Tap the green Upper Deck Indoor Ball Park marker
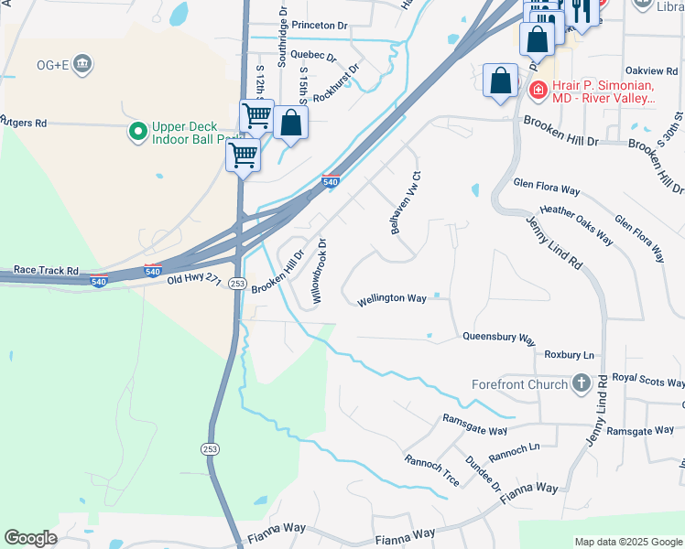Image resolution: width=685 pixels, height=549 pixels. (x=138, y=133)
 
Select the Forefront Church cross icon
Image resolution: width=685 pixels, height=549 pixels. (x=581, y=384)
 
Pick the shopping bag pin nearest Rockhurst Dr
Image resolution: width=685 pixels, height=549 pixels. (x=290, y=124)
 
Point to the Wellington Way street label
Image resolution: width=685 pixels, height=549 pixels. (x=392, y=298)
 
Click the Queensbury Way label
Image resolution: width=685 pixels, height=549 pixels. (x=499, y=338)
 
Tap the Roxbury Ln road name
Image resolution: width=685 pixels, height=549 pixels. (x=569, y=354)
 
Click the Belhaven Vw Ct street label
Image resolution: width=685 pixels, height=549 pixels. (x=405, y=203)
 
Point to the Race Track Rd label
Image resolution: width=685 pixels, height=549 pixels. (x=46, y=272)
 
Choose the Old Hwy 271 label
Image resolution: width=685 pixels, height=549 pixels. (x=194, y=277)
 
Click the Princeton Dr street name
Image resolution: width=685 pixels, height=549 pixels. (x=320, y=26)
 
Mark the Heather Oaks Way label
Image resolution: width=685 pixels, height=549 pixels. (x=576, y=224)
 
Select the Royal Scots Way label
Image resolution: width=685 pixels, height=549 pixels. (x=648, y=380)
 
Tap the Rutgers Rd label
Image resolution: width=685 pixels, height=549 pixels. (x=23, y=122)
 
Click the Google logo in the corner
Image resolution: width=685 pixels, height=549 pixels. (x=30, y=538)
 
